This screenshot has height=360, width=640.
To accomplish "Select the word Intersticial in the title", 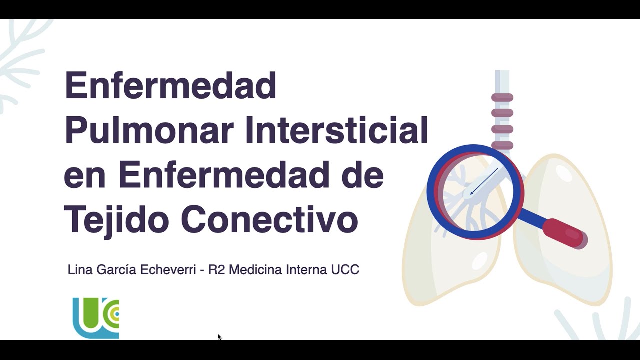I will pyautogui.click(x=336, y=130).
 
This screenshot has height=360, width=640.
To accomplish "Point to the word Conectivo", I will pyautogui.click(x=269, y=219).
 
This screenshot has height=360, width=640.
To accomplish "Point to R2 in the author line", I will pyautogui.click(x=216, y=270).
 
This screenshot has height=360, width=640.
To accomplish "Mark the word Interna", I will pyautogui.click(x=306, y=270).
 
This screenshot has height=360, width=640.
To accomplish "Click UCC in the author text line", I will pyautogui.click(x=345, y=270).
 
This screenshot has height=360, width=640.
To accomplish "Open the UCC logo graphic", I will pyautogui.click(x=96, y=318).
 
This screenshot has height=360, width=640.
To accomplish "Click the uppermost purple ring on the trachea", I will pyautogui.click(x=502, y=97).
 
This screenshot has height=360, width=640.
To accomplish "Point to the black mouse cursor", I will pyautogui.click(x=219, y=337).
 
